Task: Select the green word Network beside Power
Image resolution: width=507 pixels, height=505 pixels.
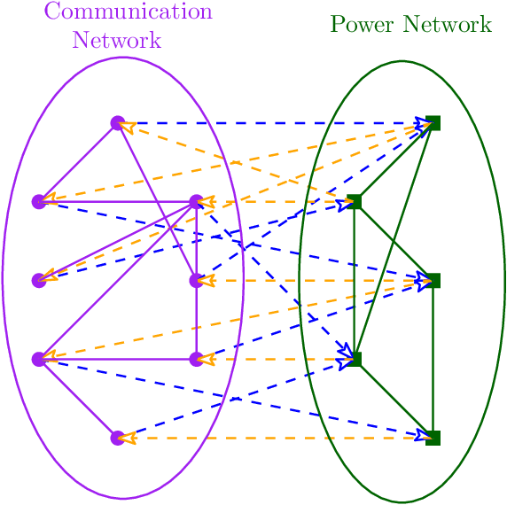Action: pos(447,24)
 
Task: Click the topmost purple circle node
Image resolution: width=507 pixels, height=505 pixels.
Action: pos(117,122)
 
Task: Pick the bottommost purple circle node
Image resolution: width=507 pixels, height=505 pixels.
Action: pos(117,438)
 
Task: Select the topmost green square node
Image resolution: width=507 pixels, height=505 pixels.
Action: pos(433,122)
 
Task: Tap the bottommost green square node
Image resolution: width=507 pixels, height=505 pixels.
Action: pos(433,438)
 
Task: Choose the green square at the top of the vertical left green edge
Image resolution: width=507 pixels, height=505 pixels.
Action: pos(355,202)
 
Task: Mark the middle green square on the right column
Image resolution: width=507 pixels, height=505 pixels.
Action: pos(433,280)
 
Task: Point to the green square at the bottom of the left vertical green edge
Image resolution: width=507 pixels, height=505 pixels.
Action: pos(355,359)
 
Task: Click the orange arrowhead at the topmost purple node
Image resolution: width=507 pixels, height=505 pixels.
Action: pos(128,127)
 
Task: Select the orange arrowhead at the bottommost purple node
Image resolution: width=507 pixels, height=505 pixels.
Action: pos(129,438)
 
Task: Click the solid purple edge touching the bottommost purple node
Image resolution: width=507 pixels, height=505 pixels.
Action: pos(78,399)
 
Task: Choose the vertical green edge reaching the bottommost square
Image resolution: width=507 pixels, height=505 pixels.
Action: pos(433,359)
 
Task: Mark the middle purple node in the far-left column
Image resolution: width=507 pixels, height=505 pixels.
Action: pos(38,280)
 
